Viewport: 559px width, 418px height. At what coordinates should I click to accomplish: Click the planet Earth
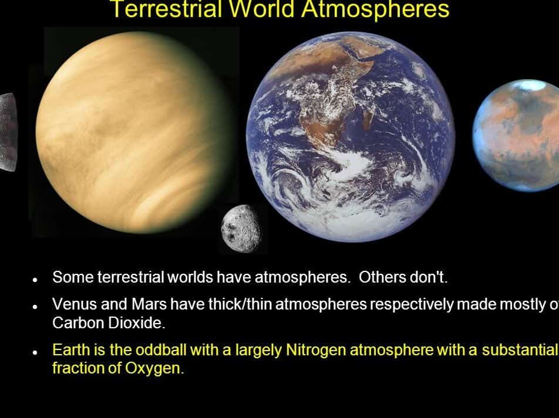(x=351, y=137)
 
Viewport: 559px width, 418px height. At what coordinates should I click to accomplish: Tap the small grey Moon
(x=241, y=229)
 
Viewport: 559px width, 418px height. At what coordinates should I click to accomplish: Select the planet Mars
(x=516, y=135)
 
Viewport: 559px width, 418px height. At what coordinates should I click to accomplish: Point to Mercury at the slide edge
(x=8, y=132)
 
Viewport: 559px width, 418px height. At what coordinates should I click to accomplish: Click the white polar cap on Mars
(x=530, y=85)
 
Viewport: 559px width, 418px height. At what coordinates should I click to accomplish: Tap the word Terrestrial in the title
(x=166, y=9)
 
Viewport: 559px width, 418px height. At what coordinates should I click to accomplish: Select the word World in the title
(x=261, y=9)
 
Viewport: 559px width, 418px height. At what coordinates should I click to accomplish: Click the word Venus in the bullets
(x=75, y=304)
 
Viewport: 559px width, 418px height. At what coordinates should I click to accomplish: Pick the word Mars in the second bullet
(x=149, y=304)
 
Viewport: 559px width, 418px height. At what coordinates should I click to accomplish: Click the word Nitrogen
(x=316, y=350)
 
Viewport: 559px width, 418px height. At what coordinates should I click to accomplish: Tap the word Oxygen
(x=154, y=368)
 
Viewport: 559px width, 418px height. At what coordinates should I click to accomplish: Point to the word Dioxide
(x=136, y=323)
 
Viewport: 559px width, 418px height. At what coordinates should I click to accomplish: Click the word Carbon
(x=78, y=323)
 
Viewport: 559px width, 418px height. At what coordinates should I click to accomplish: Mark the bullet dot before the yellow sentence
(x=35, y=353)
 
